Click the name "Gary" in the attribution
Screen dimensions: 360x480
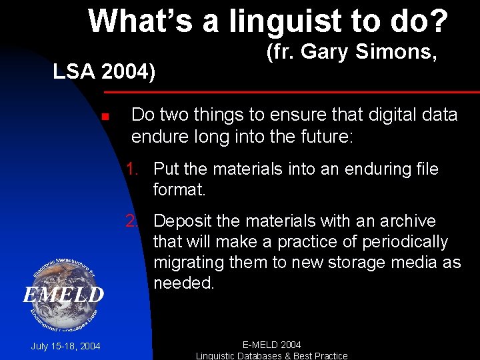(322, 51)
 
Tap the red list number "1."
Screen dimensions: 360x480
(135, 169)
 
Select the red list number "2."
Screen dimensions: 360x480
(135, 221)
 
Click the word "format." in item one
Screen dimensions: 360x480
(180, 189)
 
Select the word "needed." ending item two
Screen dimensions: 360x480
(184, 283)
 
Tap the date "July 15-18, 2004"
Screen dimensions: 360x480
(65, 346)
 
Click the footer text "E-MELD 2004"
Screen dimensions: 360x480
(271, 345)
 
